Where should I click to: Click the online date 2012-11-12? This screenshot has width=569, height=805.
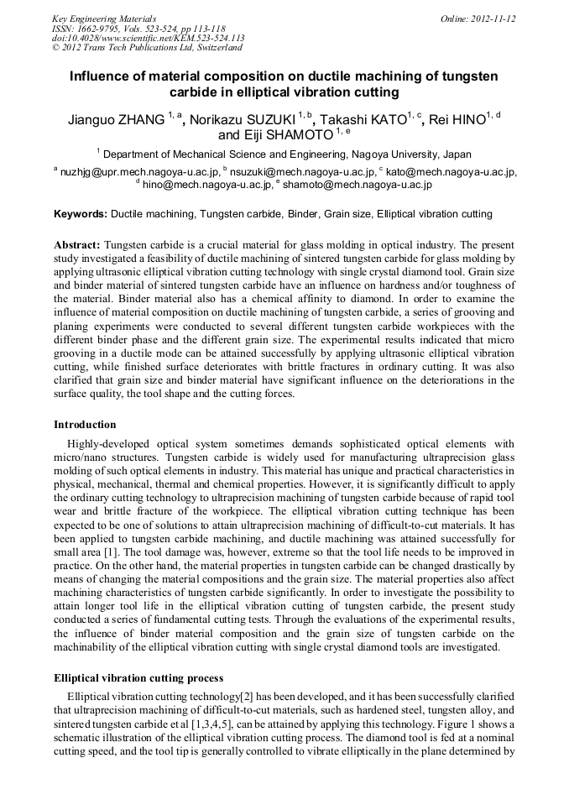[494, 18]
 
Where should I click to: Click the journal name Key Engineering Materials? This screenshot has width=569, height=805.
[104, 18]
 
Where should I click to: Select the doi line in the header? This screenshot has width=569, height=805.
[148, 38]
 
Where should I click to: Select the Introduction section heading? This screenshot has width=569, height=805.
[85, 425]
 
